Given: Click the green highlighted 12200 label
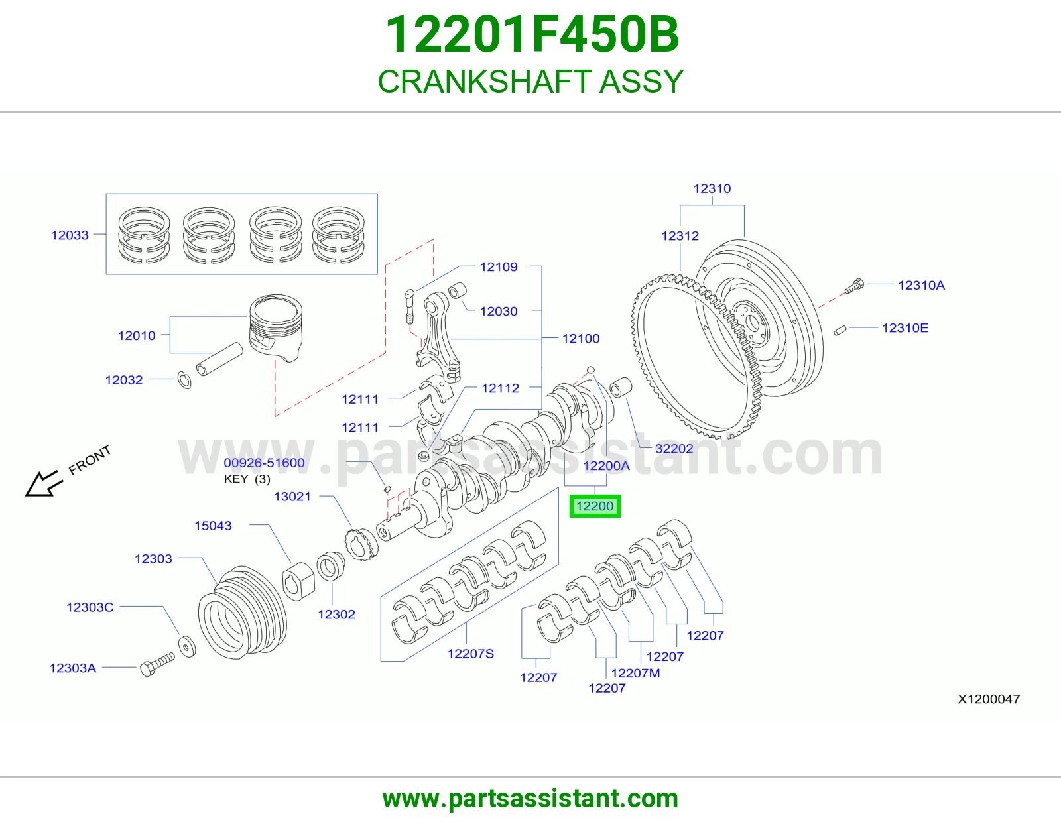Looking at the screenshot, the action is (x=595, y=506).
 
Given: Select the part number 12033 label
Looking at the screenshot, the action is (x=70, y=235).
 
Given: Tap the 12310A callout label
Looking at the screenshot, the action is (x=921, y=286).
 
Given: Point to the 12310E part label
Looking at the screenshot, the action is (x=905, y=328).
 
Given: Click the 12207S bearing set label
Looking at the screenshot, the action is (x=471, y=654).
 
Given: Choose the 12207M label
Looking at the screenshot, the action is (x=635, y=673).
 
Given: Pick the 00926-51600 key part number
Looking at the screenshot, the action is (x=264, y=463).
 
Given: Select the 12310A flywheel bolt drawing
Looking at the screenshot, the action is (x=854, y=286).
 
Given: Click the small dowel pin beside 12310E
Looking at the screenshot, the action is (x=840, y=331).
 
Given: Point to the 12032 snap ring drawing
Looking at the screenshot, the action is (x=184, y=380).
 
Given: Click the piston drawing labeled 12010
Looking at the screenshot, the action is (x=276, y=327).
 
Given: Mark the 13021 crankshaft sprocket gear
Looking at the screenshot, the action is (x=361, y=544).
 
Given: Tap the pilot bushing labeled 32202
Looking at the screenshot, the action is (x=621, y=388).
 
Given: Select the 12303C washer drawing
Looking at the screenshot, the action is (x=187, y=647).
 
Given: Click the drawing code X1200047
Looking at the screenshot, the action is (x=989, y=699).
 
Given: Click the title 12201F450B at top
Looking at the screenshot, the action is (x=532, y=34).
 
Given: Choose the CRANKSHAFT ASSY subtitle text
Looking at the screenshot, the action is (x=530, y=82).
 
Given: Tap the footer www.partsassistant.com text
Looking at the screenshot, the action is (x=530, y=799).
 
